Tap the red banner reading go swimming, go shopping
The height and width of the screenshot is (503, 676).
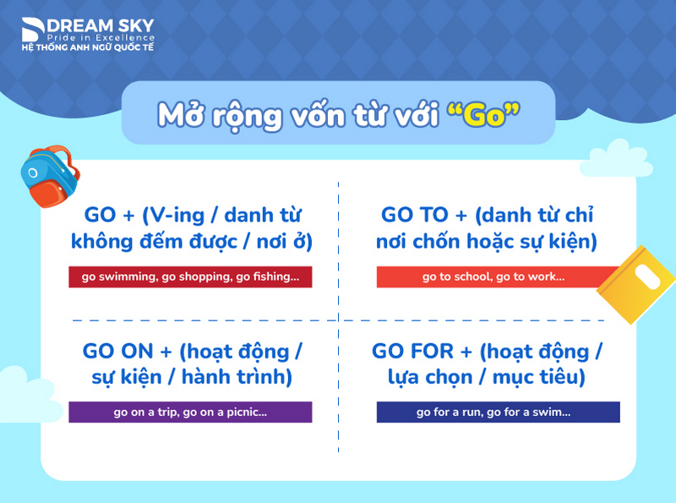(x=190, y=276)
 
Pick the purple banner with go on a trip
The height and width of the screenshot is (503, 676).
(x=190, y=412)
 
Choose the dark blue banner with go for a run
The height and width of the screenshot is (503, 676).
(x=499, y=412)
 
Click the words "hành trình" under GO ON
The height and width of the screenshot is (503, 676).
(x=246, y=377)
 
